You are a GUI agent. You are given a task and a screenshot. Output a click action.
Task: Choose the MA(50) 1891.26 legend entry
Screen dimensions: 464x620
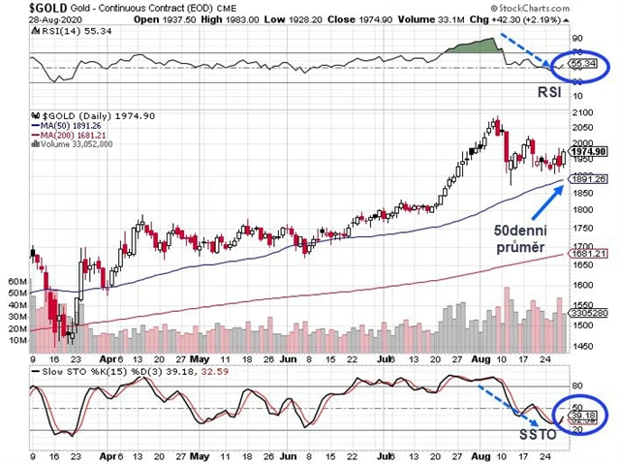(x=72, y=124)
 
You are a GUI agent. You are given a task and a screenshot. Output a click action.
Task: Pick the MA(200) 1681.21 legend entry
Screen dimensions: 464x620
(x=74, y=134)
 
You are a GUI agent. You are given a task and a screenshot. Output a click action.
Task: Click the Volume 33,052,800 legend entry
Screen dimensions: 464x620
(x=77, y=143)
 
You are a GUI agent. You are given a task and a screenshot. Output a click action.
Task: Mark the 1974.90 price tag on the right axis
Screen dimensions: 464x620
(x=588, y=151)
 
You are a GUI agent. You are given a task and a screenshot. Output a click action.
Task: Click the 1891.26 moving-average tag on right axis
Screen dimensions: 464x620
(x=588, y=179)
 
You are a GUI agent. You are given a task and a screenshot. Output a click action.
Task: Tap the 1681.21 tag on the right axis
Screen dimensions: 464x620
(x=588, y=252)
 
